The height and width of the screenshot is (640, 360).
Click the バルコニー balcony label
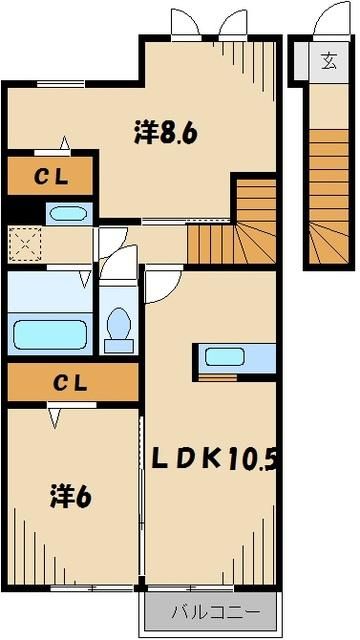206,611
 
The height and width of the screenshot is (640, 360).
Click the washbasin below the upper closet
68,212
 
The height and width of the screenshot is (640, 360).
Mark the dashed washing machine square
24,243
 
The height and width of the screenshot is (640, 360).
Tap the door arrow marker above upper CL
66,143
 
